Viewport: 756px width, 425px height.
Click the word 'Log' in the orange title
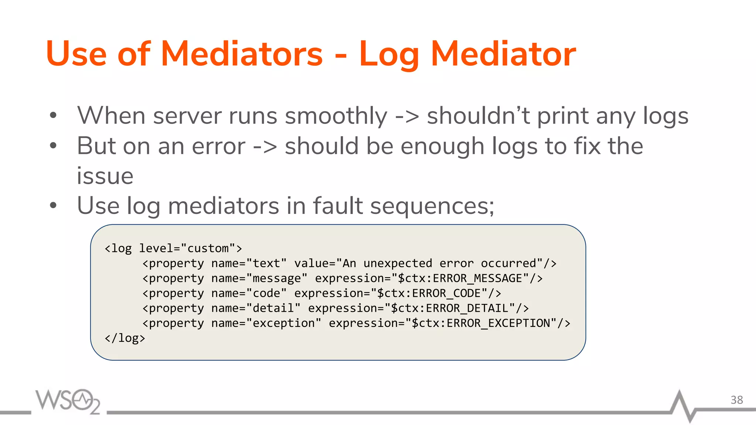pyautogui.click(x=389, y=55)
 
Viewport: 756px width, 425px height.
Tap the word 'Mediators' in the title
pyautogui.click(x=242, y=54)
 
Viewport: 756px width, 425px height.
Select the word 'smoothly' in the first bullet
pyautogui.click(x=336, y=116)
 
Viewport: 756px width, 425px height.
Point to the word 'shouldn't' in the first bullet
pyautogui.click(x=478, y=116)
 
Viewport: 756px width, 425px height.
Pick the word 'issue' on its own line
pyautogui.click(x=105, y=176)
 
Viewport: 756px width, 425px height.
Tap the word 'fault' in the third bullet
pyautogui.click(x=338, y=205)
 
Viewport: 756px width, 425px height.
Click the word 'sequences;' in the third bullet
pyautogui.click(x=432, y=206)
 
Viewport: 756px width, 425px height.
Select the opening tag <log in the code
pyautogui.click(x=118, y=249)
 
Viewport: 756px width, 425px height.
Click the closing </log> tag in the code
pyautogui.click(x=125, y=338)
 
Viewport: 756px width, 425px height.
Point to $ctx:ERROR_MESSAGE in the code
pyautogui.click(x=460, y=278)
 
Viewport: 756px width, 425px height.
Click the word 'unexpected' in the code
pyautogui.click(x=398, y=263)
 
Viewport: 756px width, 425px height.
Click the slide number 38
pyautogui.click(x=736, y=400)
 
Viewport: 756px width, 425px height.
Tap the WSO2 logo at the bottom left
pyautogui.click(x=68, y=401)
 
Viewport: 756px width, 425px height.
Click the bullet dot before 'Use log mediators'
pyautogui.click(x=53, y=205)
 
